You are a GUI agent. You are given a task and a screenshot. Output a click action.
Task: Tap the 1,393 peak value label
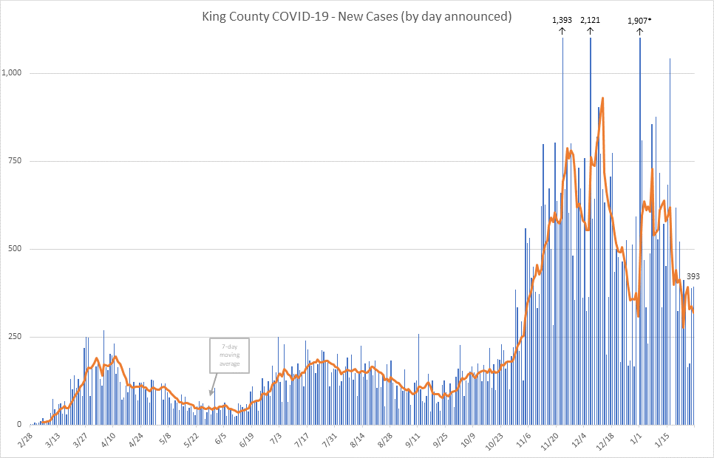click(x=562, y=20)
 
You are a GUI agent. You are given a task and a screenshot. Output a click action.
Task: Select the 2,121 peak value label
click(x=590, y=20)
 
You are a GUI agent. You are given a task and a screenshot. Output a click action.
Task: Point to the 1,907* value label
click(x=640, y=20)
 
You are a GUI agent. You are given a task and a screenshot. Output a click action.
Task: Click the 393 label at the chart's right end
click(x=693, y=277)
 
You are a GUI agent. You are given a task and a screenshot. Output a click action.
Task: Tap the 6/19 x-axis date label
click(x=246, y=440)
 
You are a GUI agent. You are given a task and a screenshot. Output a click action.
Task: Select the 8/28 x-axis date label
click(x=384, y=440)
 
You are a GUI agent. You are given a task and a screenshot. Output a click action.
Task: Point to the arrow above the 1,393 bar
click(x=562, y=32)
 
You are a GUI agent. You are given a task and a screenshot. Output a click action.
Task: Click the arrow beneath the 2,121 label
click(x=590, y=32)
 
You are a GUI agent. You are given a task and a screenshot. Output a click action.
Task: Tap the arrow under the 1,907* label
click(x=640, y=32)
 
